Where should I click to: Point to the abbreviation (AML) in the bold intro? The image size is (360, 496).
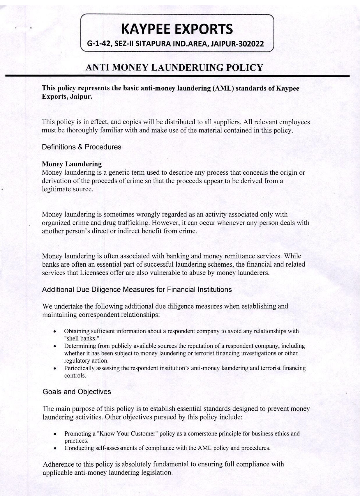coord(223,88)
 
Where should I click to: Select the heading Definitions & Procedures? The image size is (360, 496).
coord(82,147)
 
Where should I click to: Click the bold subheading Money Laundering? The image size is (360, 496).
coord(72,164)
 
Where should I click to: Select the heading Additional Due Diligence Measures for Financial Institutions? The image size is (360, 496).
coord(137,290)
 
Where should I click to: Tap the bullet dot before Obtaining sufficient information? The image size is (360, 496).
coord(55,332)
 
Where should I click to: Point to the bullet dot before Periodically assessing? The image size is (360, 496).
coord(55,369)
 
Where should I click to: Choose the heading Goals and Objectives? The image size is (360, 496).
coord(77,392)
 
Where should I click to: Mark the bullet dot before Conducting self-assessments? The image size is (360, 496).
coord(55,448)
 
